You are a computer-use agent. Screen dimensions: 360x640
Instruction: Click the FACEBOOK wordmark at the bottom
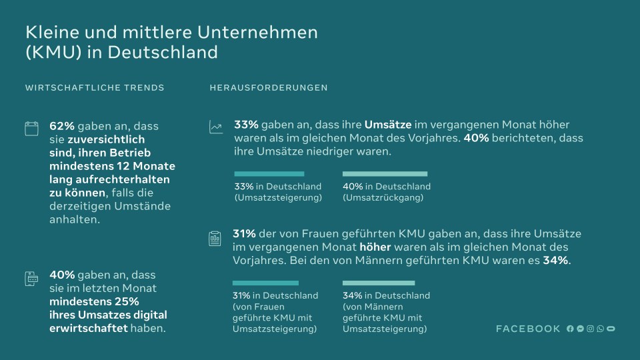[528, 329]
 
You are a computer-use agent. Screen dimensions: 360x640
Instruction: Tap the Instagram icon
[590, 329]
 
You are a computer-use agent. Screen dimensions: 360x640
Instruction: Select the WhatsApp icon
[600, 329]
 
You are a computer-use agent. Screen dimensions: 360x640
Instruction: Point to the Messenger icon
[580, 329]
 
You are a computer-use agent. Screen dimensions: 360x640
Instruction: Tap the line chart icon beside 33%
[216, 127]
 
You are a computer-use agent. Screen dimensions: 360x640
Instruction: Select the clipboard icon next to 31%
[215, 238]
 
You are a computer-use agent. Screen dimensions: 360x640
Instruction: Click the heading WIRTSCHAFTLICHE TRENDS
[95, 88]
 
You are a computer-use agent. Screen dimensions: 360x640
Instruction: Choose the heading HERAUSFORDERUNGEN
[269, 88]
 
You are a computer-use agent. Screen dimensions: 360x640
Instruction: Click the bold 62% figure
[61, 125]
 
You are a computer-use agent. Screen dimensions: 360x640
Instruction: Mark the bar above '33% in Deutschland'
[269, 174]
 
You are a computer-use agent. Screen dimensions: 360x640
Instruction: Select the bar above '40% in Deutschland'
[385, 174]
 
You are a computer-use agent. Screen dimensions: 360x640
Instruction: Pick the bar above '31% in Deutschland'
[265, 283]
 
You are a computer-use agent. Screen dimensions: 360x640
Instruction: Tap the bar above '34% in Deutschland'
[379, 283]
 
